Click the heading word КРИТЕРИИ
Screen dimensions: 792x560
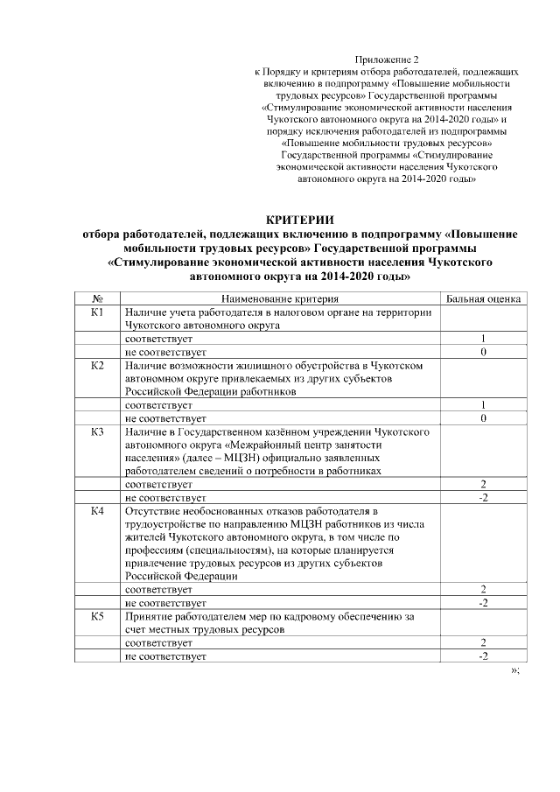click(300, 219)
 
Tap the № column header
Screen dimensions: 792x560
click(98, 298)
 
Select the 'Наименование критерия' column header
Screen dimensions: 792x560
click(279, 298)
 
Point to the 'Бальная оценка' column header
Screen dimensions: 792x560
click(483, 298)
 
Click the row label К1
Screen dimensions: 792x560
click(98, 312)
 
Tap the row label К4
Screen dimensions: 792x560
click(98, 510)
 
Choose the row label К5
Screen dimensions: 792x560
click(98, 616)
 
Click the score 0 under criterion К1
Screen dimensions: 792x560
click(483, 351)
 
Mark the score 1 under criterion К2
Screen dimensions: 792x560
click(483, 405)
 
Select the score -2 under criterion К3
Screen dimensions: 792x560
click(483, 497)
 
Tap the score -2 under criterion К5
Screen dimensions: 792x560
click(483, 655)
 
